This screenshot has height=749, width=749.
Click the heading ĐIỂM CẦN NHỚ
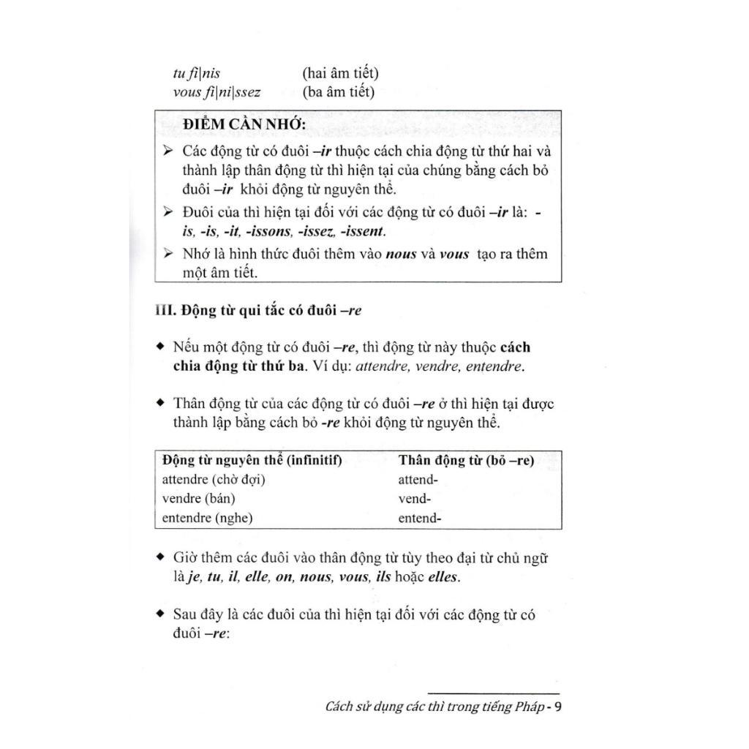coord(244,125)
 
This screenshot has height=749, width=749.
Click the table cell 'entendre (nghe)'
coord(207,518)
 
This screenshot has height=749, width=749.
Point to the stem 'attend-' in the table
coord(418,480)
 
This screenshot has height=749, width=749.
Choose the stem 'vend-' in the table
coord(414,499)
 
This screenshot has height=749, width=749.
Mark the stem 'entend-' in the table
coord(420,518)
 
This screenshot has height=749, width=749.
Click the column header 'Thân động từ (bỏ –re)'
coord(466,461)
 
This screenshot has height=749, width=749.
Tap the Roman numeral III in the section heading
coord(165,310)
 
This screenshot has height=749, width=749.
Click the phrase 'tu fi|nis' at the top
coord(196,73)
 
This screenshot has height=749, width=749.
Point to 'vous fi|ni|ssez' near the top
coord(217,92)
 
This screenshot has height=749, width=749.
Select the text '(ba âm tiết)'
coord(338,92)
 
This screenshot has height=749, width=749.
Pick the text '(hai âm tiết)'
coord(340,73)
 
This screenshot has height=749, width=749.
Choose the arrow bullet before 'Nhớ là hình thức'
coord(168,254)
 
